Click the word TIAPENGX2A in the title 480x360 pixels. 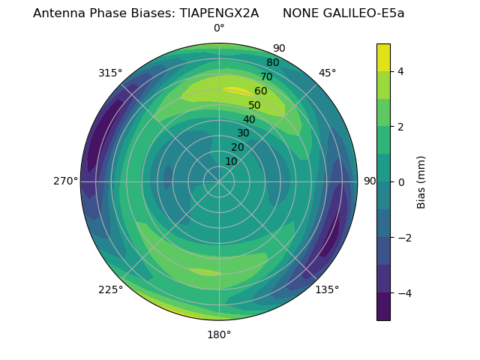pyautogui.click(x=219, y=13)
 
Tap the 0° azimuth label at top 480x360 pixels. pyautogui.click(x=219, y=28)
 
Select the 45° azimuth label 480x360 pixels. pyautogui.click(x=328, y=73)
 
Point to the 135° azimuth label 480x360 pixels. pyautogui.click(x=327, y=289)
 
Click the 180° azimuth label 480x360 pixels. pyautogui.click(x=219, y=334)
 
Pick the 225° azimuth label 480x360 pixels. pyautogui.click(x=110, y=289)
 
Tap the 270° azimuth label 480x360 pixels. pyautogui.click(x=65, y=181)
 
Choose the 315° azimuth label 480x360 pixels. pyautogui.click(x=110, y=73)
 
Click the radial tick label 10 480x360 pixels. pyautogui.click(x=231, y=161)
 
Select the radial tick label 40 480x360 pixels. pyautogui.click(x=249, y=119)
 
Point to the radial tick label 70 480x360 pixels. pyautogui.click(x=266, y=76)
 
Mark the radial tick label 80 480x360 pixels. pyautogui.click(x=272, y=62)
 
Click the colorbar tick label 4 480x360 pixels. pyautogui.click(x=401, y=71)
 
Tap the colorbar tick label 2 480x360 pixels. pyautogui.click(x=401, y=127)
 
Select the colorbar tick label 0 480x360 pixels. pyautogui.click(x=401, y=181)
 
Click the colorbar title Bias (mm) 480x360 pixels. pyautogui.click(x=421, y=181)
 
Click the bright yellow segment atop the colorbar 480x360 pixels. pyautogui.click(x=383, y=58)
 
